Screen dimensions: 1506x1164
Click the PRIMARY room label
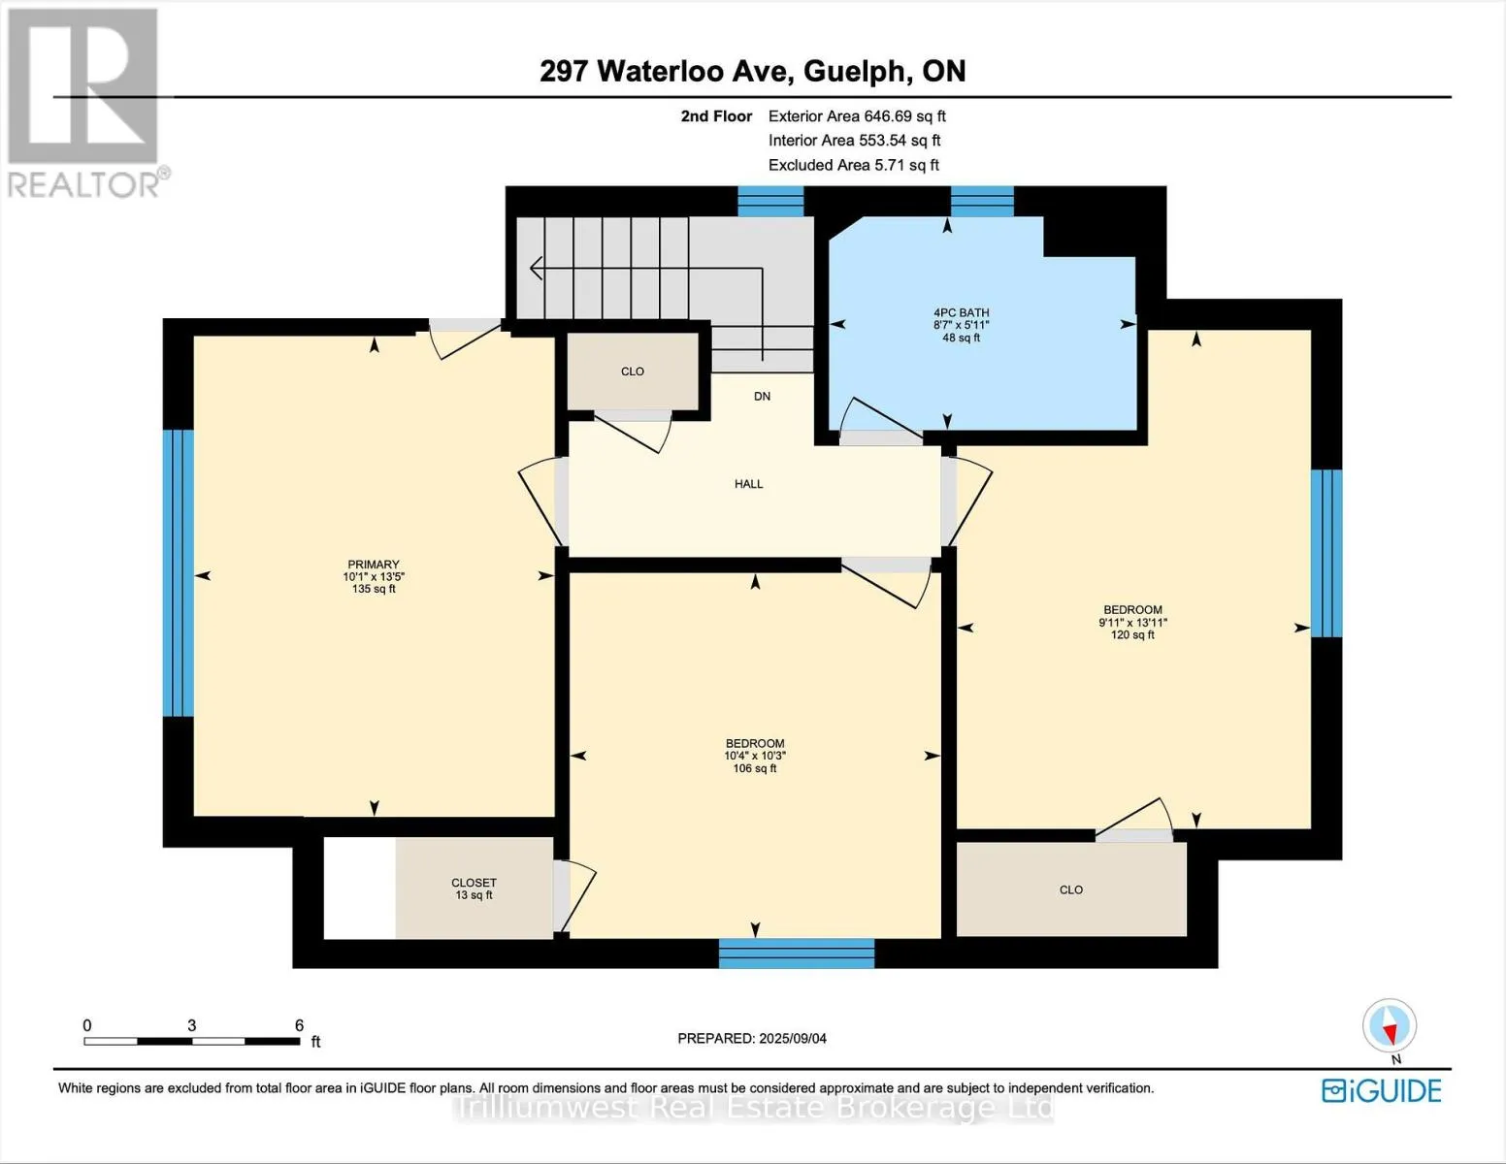tap(374, 565)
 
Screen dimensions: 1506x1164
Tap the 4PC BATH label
tap(962, 312)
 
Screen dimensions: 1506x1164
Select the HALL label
tap(748, 484)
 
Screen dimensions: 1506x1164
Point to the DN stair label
tap(762, 396)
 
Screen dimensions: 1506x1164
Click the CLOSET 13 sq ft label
tap(475, 889)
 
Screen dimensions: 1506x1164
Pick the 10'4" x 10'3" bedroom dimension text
tap(755, 757)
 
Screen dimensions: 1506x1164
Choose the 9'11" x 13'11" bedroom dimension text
tap(1132, 623)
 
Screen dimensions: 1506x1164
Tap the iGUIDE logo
tap(1382, 1090)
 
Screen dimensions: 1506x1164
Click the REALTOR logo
tap(84, 103)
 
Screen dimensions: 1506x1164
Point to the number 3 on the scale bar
tap(191, 1025)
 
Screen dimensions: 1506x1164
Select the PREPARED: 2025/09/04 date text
tap(752, 1039)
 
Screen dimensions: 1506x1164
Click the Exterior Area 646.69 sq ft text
tap(857, 116)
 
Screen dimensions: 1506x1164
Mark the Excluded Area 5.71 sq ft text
tap(854, 165)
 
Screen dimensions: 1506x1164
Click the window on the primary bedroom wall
tap(179, 573)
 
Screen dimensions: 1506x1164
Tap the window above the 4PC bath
tap(982, 202)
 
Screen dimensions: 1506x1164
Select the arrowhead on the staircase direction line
tap(535, 268)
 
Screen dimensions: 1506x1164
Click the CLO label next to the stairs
tap(632, 372)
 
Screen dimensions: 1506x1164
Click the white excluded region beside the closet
tap(360, 889)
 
